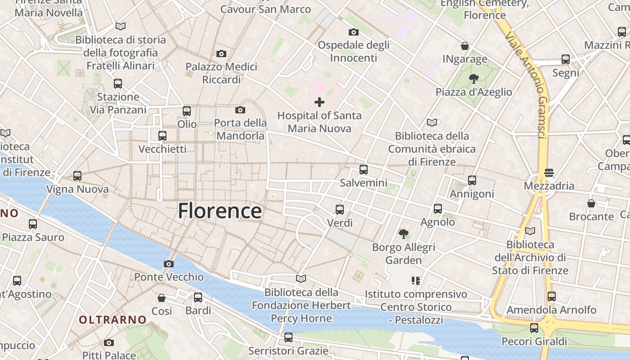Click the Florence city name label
click(x=220, y=211)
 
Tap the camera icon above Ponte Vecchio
click(x=169, y=264)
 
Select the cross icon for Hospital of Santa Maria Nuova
click(x=319, y=102)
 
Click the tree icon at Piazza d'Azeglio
click(x=473, y=79)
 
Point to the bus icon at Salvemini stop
click(x=363, y=170)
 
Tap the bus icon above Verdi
click(x=340, y=210)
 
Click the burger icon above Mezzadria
click(x=549, y=172)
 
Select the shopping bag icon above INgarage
click(x=465, y=46)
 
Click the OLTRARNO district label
click(x=112, y=320)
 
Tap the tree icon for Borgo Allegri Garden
click(x=404, y=234)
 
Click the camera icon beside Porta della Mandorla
click(x=240, y=110)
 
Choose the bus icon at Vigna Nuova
click(x=77, y=176)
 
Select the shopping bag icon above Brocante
click(x=591, y=203)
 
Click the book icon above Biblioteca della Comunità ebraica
click(x=432, y=122)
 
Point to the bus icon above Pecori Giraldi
click(x=534, y=328)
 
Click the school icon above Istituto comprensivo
click(x=415, y=281)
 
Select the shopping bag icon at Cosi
click(x=162, y=298)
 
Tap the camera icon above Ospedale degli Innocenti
click(x=354, y=32)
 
